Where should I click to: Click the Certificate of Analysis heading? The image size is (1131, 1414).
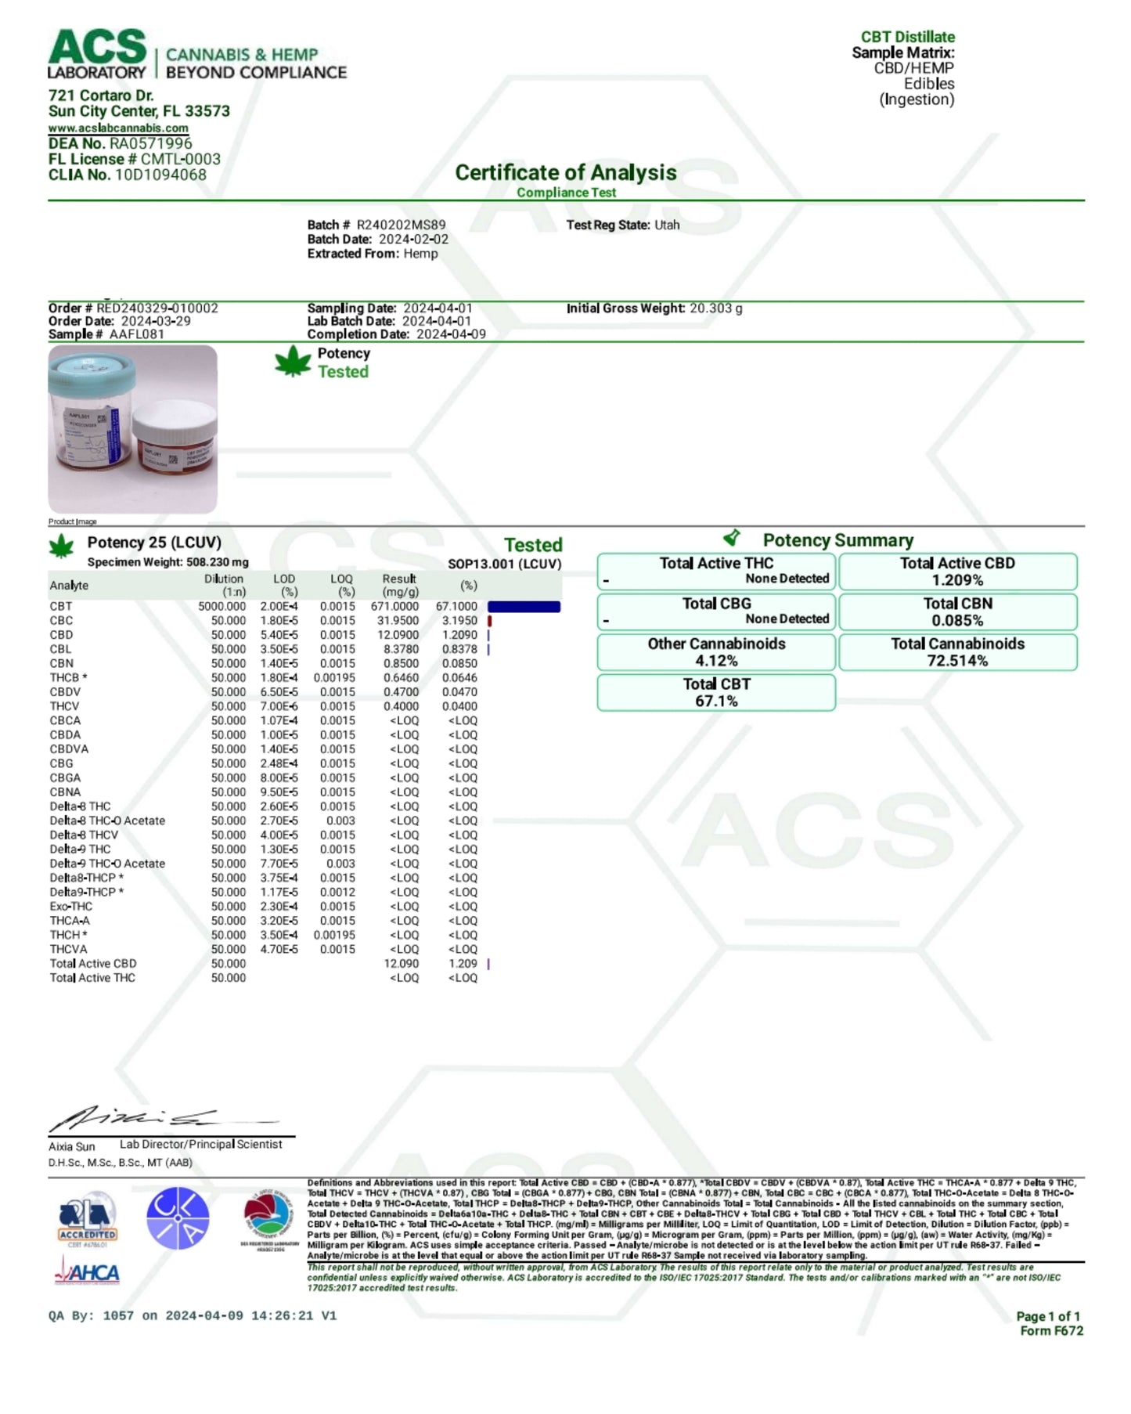click(x=565, y=172)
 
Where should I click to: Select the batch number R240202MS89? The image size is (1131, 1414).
click(x=401, y=225)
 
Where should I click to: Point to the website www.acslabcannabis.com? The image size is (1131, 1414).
click(x=118, y=128)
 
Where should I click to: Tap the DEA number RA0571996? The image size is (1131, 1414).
click(x=150, y=143)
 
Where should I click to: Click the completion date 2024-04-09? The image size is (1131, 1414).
click(x=451, y=334)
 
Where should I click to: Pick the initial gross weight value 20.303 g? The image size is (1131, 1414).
click(x=715, y=308)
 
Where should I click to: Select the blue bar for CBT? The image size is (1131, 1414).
click(x=524, y=607)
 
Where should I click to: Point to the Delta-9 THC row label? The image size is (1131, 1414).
click(x=80, y=849)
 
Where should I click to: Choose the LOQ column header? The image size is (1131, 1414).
click(x=342, y=585)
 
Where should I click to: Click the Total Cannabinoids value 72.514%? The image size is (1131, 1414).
click(x=957, y=661)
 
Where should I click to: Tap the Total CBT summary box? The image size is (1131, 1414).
click(x=716, y=692)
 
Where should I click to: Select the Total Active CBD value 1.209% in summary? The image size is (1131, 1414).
click(x=957, y=580)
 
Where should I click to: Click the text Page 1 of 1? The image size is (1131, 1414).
click(x=1047, y=1316)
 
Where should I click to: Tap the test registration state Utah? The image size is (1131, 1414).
click(x=667, y=225)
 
